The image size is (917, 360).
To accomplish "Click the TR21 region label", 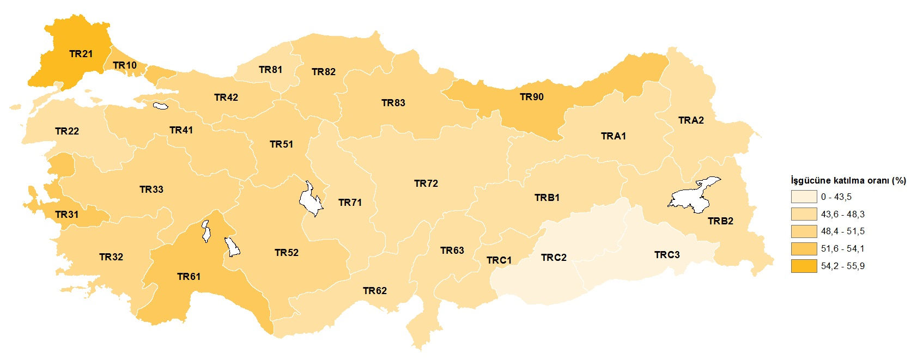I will click(x=81, y=54).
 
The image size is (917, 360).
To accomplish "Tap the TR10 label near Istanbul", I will click(x=125, y=65).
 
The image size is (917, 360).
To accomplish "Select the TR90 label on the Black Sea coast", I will click(x=531, y=97).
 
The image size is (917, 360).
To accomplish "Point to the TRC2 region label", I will click(x=554, y=258).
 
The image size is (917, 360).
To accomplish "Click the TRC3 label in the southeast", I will click(x=667, y=255).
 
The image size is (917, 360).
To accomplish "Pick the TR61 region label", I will click(x=189, y=277).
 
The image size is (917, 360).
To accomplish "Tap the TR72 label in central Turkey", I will click(x=426, y=184).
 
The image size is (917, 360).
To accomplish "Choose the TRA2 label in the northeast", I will click(x=691, y=120).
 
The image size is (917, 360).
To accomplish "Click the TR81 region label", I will click(x=270, y=70).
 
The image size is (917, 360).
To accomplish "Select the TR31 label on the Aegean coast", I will click(x=66, y=215).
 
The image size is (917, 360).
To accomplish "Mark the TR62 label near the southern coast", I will click(x=375, y=291).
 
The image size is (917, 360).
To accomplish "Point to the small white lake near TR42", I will click(x=160, y=106).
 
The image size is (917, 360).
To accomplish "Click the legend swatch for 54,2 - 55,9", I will click(x=804, y=266).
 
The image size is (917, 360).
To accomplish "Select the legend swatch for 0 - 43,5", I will click(x=804, y=197).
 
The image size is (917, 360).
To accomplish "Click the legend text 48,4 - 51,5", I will click(x=843, y=231).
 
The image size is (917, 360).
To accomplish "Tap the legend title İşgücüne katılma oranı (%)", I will click(x=848, y=181).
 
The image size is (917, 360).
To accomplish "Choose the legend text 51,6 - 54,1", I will click(x=843, y=249).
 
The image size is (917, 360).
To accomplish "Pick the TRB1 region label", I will click(x=546, y=198).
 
